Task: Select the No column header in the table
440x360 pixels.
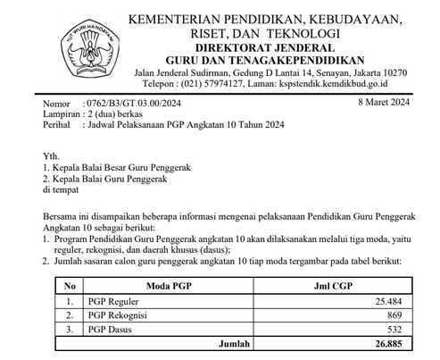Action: [69, 286]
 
